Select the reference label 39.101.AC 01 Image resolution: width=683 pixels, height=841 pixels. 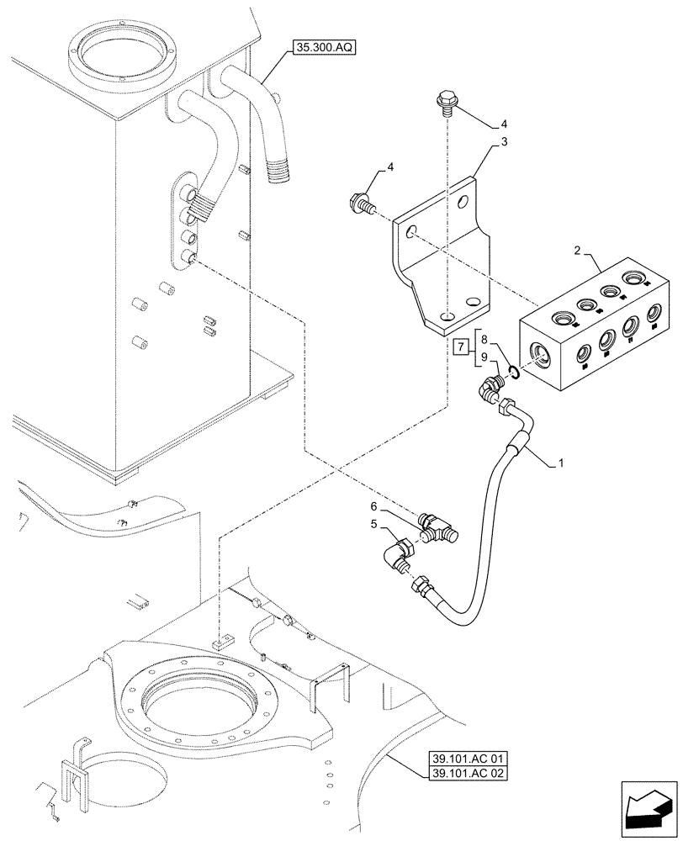click(x=464, y=757)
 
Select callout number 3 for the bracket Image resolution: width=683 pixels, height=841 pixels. click(x=504, y=142)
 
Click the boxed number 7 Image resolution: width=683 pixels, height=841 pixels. click(x=460, y=346)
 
